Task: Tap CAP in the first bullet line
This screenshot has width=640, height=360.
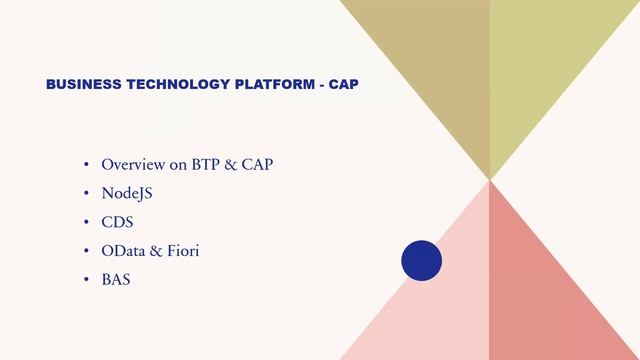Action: tap(257, 164)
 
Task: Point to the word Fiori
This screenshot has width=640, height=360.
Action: tap(181, 251)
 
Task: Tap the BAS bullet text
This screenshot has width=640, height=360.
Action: tap(116, 280)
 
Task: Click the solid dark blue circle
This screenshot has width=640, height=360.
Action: tap(421, 260)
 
